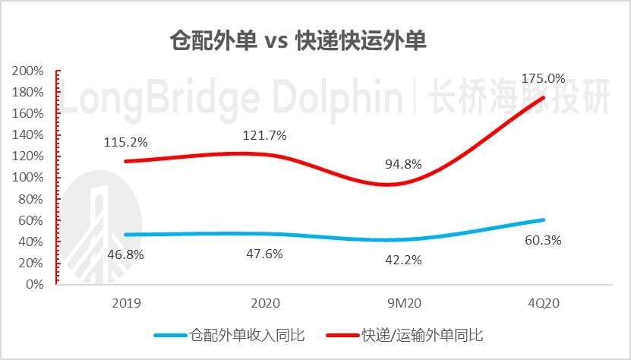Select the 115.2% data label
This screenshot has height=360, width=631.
tap(125, 142)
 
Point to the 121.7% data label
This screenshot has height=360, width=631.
tap(264, 136)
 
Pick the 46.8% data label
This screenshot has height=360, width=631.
tap(125, 254)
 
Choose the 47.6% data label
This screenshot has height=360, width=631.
tap(264, 254)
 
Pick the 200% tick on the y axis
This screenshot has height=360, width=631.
tap(30, 71)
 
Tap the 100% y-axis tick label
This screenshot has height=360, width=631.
tap(30, 178)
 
